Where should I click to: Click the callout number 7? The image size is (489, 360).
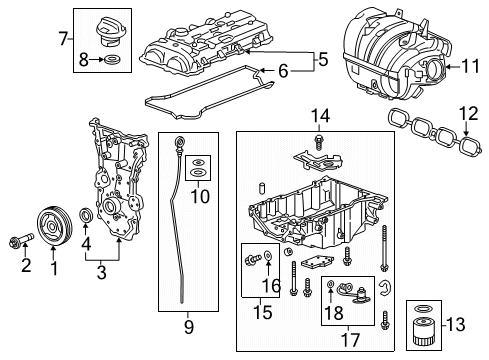[x=65, y=41]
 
